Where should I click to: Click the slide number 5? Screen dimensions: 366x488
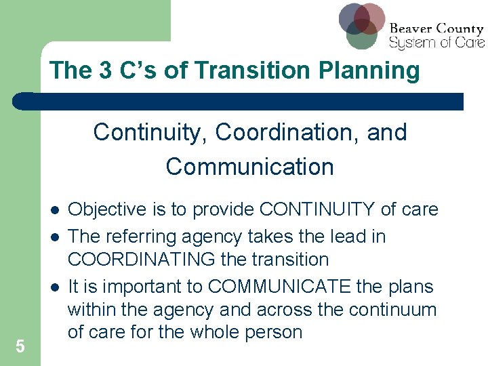(x=20, y=346)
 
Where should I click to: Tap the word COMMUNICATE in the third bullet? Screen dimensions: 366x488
(x=279, y=287)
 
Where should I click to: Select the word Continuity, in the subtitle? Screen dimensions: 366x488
(x=151, y=132)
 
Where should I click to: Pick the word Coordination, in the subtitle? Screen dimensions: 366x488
(x=287, y=132)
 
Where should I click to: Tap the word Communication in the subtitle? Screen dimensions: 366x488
(x=249, y=167)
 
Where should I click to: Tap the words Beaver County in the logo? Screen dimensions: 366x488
(x=436, y=29)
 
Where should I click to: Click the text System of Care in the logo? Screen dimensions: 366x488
(x=436, y=43)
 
